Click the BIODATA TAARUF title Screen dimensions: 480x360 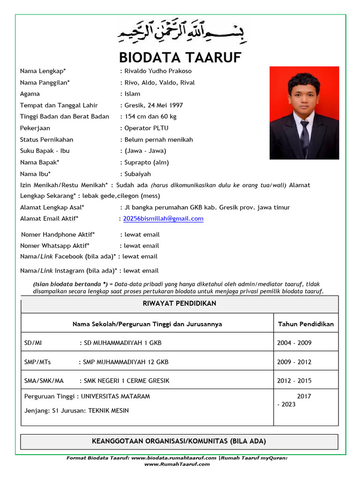(180, 57)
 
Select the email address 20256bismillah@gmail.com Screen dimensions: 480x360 (163, 218)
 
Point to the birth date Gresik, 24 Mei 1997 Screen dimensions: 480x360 (154, 105)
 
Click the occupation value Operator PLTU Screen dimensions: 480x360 (146, 128)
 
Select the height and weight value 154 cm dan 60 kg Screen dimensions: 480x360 (150, 117)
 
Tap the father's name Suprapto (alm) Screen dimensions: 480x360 (147, 163)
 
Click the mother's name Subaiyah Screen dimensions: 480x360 (138, 174)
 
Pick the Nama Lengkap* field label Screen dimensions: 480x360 (43, 71)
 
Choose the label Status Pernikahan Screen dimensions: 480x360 (47, 140)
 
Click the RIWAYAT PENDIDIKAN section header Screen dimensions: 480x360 (180, 304)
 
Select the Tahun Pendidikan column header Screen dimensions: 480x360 (306, 324)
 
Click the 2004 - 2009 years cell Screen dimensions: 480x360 (294, 343)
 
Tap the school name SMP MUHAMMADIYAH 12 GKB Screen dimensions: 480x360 (126, 362)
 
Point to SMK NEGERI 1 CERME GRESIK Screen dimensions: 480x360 (127, 381)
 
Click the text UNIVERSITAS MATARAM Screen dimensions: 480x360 (115, 396)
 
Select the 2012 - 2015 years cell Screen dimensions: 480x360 (294, 381)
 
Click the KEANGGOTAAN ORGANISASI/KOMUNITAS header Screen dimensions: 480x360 (180, 441)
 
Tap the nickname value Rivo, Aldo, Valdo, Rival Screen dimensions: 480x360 (159, 82)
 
